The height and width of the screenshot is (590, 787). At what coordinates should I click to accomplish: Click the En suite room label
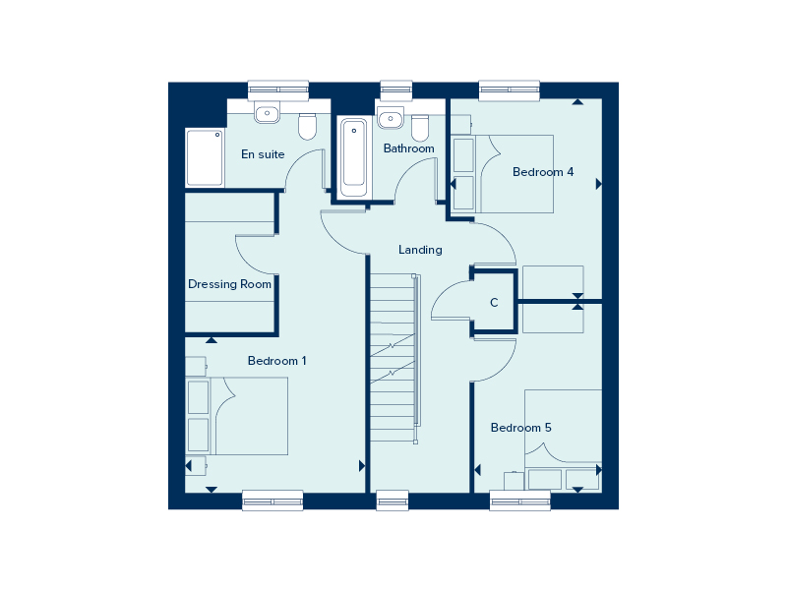coord(263,154)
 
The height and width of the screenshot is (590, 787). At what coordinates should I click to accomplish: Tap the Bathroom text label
coord(408,149)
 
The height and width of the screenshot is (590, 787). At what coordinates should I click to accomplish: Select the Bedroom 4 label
coord(543,172)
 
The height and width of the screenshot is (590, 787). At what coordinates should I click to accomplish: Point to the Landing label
coord(420,250)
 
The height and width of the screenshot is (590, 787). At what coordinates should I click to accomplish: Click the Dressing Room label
coord(229,285)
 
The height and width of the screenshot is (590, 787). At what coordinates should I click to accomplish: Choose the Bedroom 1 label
coord(276,361)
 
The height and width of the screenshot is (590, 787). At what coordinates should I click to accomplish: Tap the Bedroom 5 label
coord(520,428)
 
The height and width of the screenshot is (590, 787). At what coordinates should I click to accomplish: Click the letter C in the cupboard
coord(494,303)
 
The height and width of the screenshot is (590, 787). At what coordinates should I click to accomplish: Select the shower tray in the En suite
coord(206,157)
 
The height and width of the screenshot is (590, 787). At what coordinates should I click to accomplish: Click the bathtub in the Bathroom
coord(354,157)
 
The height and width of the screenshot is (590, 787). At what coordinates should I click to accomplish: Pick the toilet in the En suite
coord(307,126)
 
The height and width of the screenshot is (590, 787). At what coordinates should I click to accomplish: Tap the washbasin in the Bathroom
coord(391,118)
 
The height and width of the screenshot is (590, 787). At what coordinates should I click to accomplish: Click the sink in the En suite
coord(267,114)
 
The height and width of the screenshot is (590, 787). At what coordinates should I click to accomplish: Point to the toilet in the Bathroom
coord(420,127)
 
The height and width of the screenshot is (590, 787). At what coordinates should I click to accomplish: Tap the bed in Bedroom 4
coord(512,174)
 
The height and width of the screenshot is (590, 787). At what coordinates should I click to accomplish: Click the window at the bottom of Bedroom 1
coord(272,501)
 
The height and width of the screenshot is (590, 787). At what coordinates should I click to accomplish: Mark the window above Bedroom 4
coord(510,89)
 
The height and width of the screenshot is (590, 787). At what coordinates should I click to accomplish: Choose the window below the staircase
coord(393,501)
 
